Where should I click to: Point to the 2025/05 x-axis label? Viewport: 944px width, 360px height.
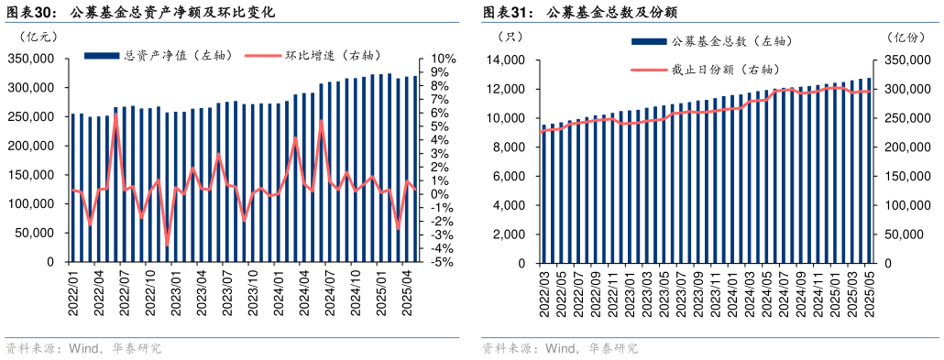[869, 293]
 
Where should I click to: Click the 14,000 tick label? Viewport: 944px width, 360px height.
[504, 60]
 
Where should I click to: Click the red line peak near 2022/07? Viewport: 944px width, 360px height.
[115, 115]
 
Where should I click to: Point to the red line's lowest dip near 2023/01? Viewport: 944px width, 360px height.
[167, 244]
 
